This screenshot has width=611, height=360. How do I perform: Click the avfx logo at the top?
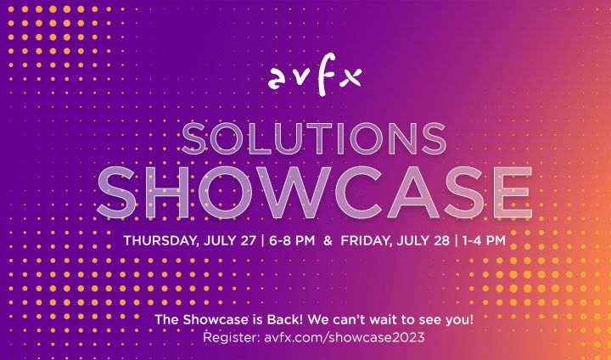point(314,77)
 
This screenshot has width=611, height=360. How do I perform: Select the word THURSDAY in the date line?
point(160,239)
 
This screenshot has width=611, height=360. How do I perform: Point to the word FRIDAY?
point(367,239)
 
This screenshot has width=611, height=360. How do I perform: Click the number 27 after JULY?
point(249,239)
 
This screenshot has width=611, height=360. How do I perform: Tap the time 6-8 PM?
point(290,239)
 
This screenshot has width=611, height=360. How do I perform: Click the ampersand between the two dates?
point(328,239)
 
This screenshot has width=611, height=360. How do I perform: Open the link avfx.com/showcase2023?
point(344,337)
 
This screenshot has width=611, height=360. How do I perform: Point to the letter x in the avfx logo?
point(350,78)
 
